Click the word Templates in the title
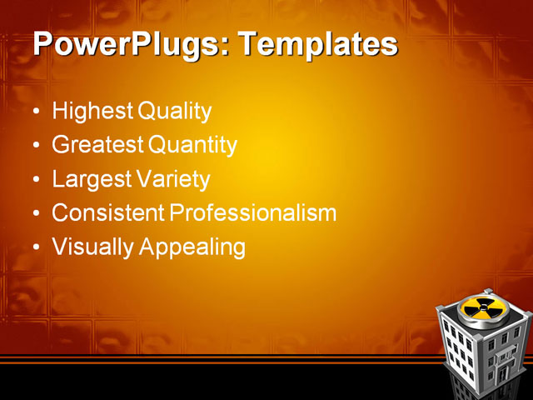tap(317, 45)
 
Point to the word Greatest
tap(97, 146)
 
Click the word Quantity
tap(193, 146)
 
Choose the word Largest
tap(91, 180)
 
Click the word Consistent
tap(108, 213)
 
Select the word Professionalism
tap(253, 213)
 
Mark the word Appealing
tap(193, 247)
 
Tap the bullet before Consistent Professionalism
tap(34, 214)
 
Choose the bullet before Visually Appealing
tap(34, 248)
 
